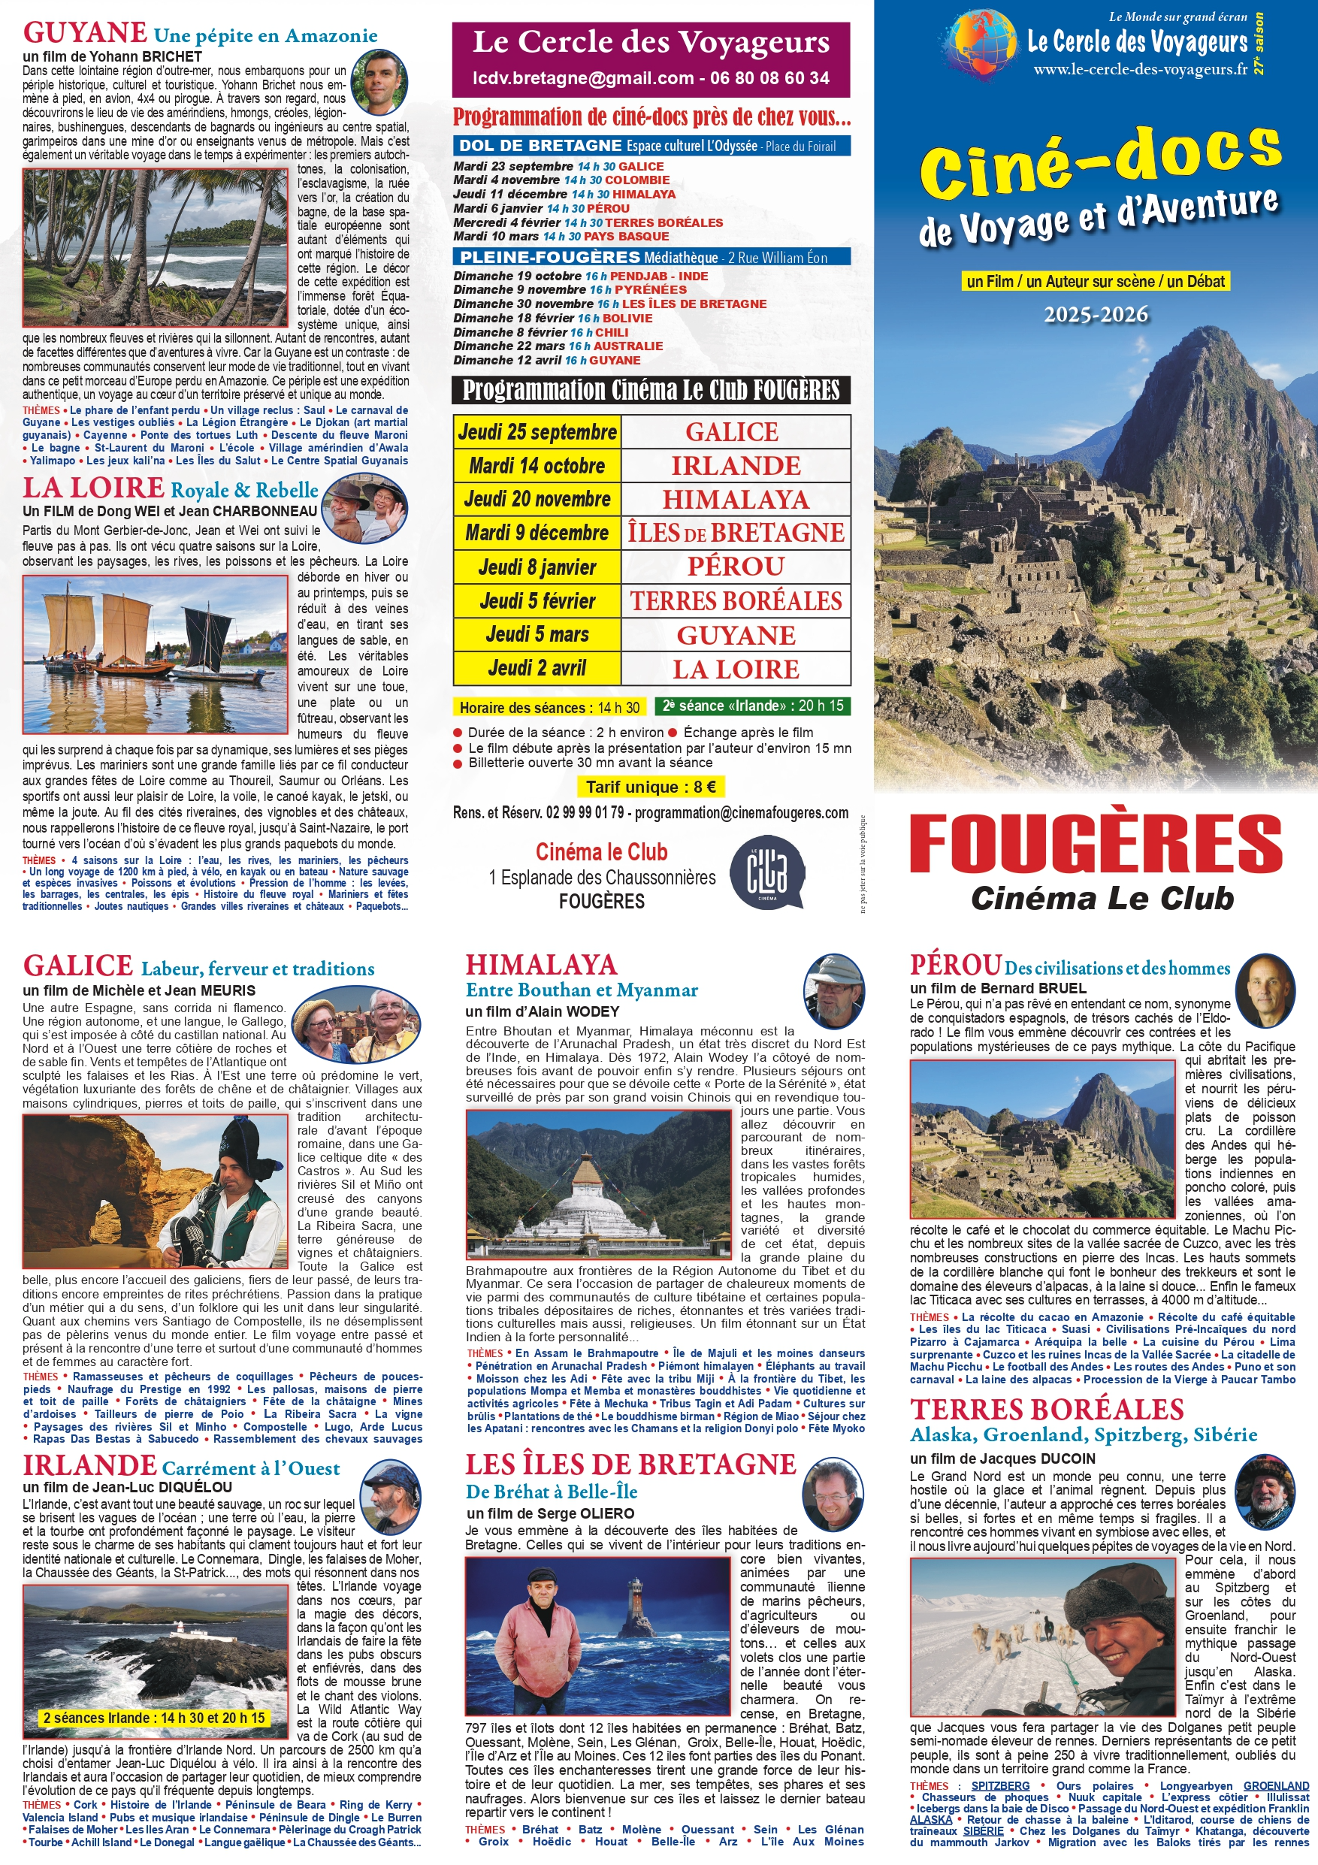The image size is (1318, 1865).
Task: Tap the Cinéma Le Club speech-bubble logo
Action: pos(766,872)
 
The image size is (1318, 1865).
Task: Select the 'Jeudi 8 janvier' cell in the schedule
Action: pos(537,567)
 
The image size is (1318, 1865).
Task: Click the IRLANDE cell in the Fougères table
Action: pos(735,466)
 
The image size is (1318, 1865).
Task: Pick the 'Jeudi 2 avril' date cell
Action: pos(537,669)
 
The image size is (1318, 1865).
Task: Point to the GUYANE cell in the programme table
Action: pos(735,635)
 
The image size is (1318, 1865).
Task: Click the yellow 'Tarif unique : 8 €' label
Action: pos(651,786)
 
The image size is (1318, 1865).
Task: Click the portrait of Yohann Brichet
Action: pos(379,82)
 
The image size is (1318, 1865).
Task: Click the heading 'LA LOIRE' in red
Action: pos(93,488)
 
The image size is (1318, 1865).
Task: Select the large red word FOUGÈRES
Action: pos(1096,844)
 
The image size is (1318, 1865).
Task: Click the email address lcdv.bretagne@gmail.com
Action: pos(582,78)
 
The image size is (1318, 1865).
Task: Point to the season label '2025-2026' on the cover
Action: pos(1096,314)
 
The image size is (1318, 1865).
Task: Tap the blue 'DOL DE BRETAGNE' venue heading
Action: pos(540,147)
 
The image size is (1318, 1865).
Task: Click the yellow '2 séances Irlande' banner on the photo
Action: pos(153,1718)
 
